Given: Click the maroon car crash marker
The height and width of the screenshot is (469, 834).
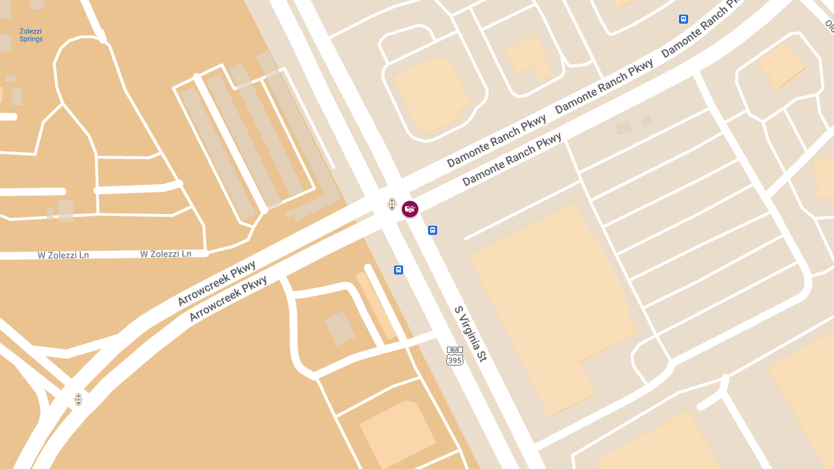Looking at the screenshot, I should [x=410, y=208].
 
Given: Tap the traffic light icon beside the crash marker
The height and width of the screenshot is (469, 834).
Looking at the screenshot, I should [x=392, y=204].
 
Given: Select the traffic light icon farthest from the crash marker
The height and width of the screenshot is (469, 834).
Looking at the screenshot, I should [x=79, y=400].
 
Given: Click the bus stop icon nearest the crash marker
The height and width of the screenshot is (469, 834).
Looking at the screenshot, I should [x=432, y=230].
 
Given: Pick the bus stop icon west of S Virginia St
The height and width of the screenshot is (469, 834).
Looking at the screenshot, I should [x=398, y=270].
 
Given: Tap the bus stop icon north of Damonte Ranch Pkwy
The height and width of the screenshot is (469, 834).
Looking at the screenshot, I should [x=683, y=19].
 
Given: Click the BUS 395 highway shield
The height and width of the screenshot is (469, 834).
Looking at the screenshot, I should [x=455, y=356].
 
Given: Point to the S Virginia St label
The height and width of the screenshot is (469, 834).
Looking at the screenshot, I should [x=471, y=334].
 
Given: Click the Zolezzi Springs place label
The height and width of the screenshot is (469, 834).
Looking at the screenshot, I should [x=31, y=35].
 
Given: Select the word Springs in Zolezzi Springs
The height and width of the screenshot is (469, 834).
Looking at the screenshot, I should [x=31, y=40].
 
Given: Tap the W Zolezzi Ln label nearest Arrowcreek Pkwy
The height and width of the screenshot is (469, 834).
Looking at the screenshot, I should [x=165, y=254].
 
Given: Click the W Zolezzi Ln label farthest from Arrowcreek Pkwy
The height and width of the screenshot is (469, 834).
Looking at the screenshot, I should [x=63, y=256].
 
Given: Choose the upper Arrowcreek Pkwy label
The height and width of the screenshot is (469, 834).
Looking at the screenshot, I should [x=216, y=283].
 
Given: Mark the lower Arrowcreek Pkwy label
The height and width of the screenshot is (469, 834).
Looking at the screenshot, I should [x=229, y=298].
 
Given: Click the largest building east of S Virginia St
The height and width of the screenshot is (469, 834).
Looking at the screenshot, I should [x=553, y=306].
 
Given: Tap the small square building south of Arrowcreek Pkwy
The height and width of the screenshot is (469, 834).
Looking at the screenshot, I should [x=340, y=328].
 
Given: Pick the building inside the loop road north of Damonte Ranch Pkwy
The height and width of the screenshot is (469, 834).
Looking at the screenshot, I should [x=432, y=94].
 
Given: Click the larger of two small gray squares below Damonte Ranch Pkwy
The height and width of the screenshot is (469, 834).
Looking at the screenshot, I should [x=623, y=127].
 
